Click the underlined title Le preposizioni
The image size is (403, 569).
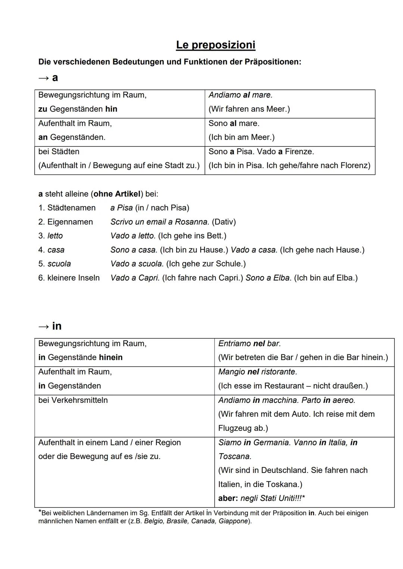pos(216,45)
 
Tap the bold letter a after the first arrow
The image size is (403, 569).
pos(55,78)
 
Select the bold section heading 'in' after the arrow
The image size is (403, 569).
pos(57,326)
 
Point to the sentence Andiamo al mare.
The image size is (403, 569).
pos(240,95)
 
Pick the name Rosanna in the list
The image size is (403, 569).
pos(192,222)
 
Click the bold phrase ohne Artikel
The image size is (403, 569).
pos(117,194)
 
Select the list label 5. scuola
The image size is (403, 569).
pos(54,264)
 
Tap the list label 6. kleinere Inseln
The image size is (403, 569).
pos(69,278)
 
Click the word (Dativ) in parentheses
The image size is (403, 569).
pos(224,222)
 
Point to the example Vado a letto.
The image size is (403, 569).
pos(132,236)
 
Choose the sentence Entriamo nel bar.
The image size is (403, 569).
pos(249,344)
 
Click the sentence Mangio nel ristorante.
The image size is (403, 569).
pos(257,372)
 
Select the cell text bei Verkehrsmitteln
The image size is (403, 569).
pos(73,400)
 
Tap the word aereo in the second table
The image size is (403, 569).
pos(344,400)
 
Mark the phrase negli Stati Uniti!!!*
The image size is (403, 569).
pos(272,498)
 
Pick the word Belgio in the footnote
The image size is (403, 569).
pos(153,521)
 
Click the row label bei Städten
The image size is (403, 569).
pos(59,152)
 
